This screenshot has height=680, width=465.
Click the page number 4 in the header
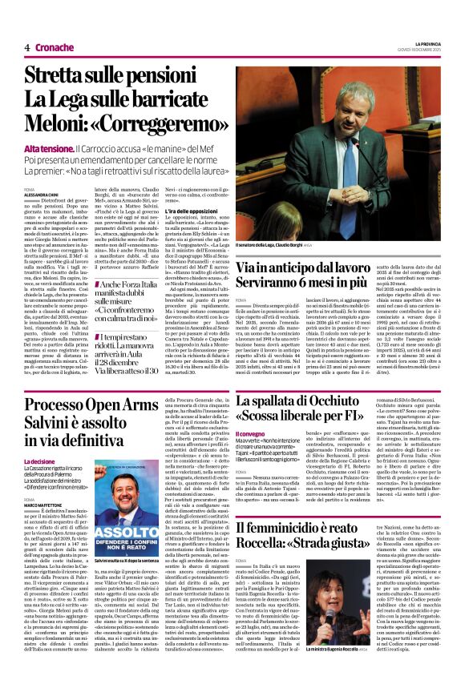27,47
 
